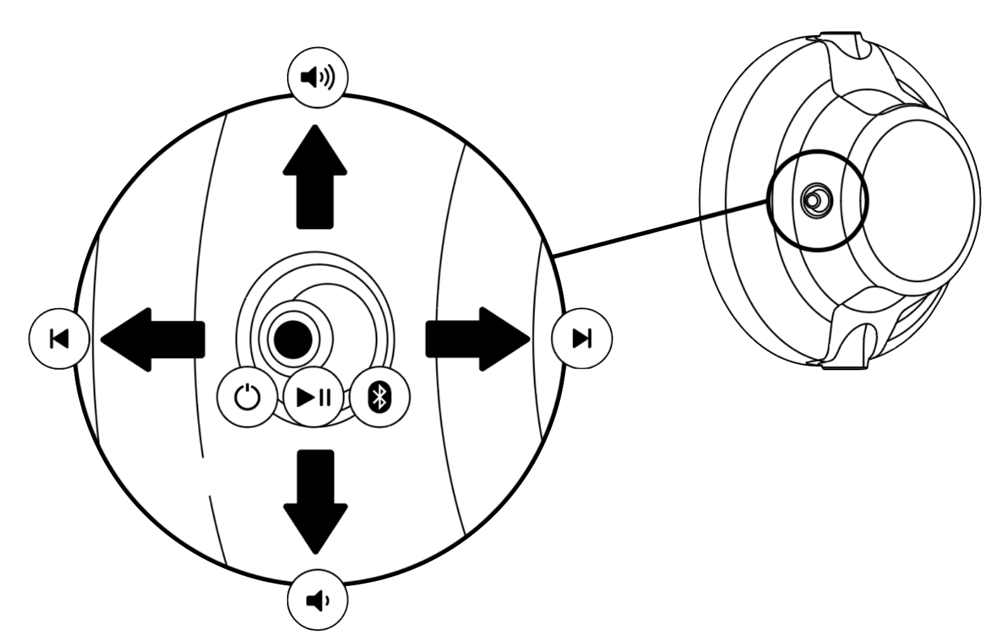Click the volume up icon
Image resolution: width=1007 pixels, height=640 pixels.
(x=317, y=77)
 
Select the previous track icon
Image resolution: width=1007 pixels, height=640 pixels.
(x=59, y=338)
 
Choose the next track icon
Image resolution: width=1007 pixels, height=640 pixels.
(x=582, y=338)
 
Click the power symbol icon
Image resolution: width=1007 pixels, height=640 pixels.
(x=247, y=397)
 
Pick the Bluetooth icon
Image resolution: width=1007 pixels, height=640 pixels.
(x=380, y=397)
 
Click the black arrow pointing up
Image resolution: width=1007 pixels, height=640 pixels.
(x=315, y=178)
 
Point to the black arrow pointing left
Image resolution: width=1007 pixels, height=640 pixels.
(x=154, y=339)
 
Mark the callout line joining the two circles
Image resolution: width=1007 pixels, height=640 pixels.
(x=660, y=229)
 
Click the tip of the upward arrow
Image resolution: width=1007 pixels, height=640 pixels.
(x=315, y=127)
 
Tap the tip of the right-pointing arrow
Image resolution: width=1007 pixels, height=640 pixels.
(x=529, y=339)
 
